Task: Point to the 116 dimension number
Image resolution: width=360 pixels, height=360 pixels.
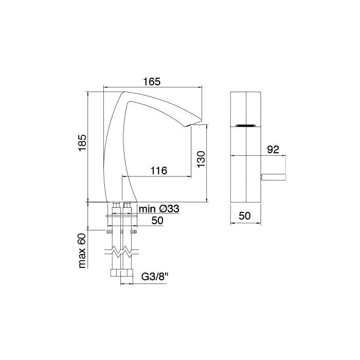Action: tap(158, 171)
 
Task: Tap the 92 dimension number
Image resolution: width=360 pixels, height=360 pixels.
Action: tap(273, 150)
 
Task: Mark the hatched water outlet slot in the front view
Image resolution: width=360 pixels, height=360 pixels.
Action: tap(245, 125)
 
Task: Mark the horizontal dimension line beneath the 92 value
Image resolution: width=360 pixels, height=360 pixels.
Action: tap(273, 155)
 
